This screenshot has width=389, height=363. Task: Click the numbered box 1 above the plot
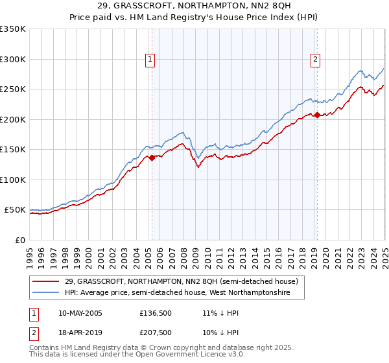(x=150, y=60)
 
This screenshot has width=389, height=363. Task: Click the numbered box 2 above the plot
(x=316, y=60)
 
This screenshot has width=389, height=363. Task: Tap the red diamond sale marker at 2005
(x=152, y=157)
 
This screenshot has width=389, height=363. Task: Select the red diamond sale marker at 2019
(x=317, y=115)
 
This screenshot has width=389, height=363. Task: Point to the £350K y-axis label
(x=13, y=29)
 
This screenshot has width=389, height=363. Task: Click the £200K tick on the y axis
(x=13, y=119)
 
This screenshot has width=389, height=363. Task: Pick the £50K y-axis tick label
(x=16, y=210)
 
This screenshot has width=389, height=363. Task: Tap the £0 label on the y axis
(x=21, y=240)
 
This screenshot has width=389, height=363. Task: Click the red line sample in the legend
(x=45, y=281)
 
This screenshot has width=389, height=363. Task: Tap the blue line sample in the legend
(x=45, y=293)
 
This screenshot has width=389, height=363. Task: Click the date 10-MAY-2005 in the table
(x=80, y=313)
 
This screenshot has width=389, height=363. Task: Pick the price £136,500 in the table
(x=155, y=313)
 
